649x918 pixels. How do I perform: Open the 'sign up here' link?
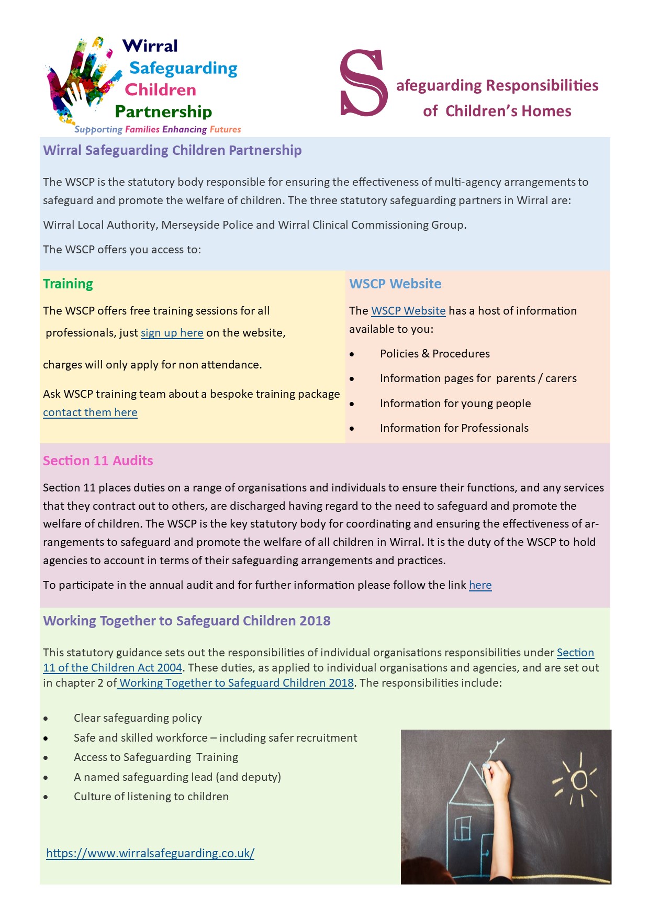pos(172,333)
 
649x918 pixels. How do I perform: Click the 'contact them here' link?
pos(90,412)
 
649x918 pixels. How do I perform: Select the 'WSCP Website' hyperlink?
pos(408,311)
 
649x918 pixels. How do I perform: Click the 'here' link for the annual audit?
pos(480,585)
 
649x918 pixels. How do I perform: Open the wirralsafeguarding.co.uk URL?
pos(150,853)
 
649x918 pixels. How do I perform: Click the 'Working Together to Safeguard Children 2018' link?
pos(236,683)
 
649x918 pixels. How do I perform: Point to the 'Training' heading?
pos(68,284)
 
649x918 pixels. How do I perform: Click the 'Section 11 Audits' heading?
pos(98,461)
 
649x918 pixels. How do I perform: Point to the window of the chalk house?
pos(463,829)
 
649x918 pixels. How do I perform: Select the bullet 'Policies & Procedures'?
pos(435,354)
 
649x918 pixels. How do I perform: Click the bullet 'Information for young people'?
pos(455,404)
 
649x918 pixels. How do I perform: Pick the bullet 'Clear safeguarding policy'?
pos(138,718)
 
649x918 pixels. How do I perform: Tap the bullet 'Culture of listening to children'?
pos(151,797)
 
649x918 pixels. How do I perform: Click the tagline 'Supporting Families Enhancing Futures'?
pos(158,129)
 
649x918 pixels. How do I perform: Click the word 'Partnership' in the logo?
pos(163,111)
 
